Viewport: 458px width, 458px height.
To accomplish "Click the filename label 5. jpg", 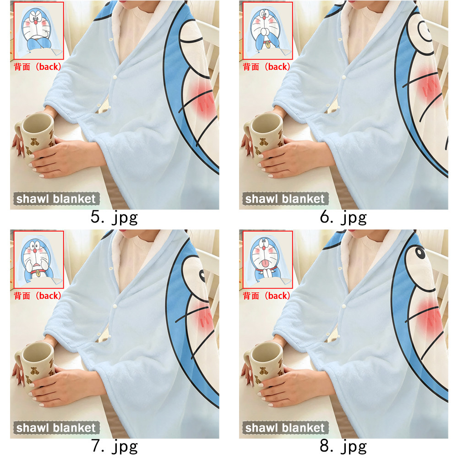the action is click(x=114, y=218).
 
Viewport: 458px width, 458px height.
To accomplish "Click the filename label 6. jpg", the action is click(x=343, y=218).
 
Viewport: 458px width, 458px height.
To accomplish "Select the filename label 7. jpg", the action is click(x=114, y=447).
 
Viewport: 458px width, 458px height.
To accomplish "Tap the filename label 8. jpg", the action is click(x=343, y=447).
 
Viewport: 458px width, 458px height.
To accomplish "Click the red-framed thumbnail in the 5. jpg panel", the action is click(x=38, y=31).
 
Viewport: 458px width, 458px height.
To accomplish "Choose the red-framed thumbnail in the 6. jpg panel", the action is click(x=267, y=31).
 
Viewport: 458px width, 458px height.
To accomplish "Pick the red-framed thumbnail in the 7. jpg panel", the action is click(x=38, y=260).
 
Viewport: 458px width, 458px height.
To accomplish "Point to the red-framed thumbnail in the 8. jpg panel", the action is click(x=267, y=260).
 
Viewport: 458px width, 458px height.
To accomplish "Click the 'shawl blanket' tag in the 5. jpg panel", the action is click(x=56, y=199).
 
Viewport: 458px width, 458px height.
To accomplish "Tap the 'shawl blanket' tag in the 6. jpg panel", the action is click(x=285, y=199).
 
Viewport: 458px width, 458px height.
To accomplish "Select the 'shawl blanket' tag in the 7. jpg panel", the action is click(x=56, y=428).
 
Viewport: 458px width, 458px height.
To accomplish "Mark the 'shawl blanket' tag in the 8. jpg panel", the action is click(x=285, y=428).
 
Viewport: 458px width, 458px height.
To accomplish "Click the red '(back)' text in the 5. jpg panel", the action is click(x=48, y=67).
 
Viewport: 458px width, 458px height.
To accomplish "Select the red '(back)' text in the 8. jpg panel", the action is click(x=277, y=296).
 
